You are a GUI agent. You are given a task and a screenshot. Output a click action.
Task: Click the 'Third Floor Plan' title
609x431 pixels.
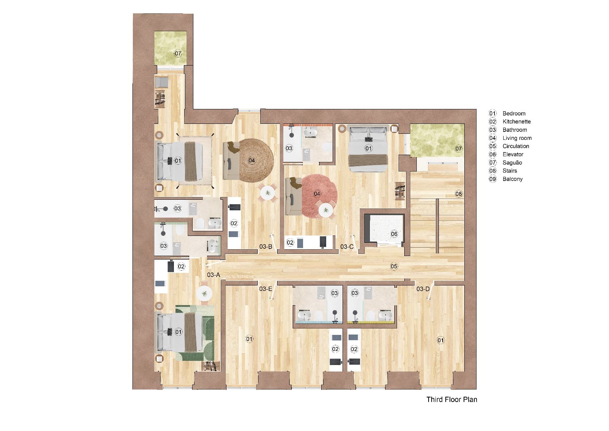coord(451,399)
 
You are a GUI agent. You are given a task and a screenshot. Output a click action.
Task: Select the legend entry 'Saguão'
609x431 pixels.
coord(512,163)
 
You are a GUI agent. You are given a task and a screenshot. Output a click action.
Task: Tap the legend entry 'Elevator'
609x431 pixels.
coord(513,154)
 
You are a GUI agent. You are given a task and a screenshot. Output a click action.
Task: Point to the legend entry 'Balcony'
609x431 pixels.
coord(512,179)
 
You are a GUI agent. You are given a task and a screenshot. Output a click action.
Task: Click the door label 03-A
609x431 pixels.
coord(214,275)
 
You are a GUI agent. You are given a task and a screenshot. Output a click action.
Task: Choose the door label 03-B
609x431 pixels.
coord(266,247)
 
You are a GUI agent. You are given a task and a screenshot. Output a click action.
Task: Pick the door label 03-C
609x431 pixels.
coord(347,247)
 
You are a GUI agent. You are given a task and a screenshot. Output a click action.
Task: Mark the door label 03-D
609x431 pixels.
coord(423,289)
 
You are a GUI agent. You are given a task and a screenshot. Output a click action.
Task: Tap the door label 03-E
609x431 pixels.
coord(266,289)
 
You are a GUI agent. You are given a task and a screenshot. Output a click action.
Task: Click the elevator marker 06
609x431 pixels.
coord(394,234)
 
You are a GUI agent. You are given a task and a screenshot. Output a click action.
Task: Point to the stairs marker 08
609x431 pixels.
coord(459,194)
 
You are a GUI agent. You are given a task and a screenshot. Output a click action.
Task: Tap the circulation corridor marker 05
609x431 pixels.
coord(394,266)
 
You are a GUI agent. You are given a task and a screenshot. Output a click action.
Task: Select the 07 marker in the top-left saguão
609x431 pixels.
coord(178,53)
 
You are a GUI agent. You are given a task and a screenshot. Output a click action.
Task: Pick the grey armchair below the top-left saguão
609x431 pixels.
coord(162,82)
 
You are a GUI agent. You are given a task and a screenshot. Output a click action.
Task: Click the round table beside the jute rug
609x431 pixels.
coord(268,192)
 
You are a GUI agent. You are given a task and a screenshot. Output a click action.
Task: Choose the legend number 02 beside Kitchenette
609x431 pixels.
coord(493,122)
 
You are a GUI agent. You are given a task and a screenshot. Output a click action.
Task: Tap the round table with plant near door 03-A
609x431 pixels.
coord(205,293)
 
